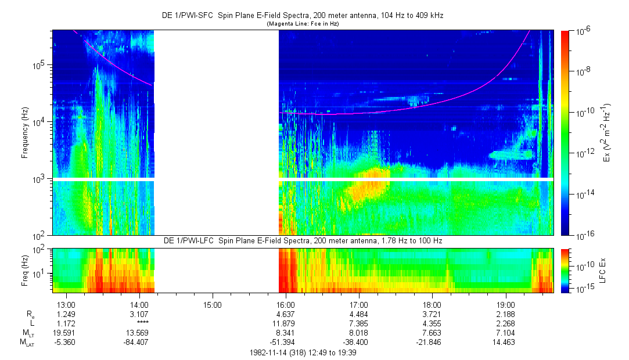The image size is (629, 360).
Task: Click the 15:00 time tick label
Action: coord(212,304)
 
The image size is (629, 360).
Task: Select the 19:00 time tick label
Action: coord(506,304)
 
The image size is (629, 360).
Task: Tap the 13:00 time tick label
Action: coord(66,304)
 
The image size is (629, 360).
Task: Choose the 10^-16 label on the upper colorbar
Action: coord(582,236)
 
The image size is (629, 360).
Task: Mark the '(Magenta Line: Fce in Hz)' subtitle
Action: coord(302,24)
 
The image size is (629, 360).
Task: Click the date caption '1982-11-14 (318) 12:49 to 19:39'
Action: coord(302,352)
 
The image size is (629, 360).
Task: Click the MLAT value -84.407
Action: coord(139,342)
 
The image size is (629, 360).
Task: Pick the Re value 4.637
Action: coord(285,314)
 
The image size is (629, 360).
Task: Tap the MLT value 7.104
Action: coord(506,333)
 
